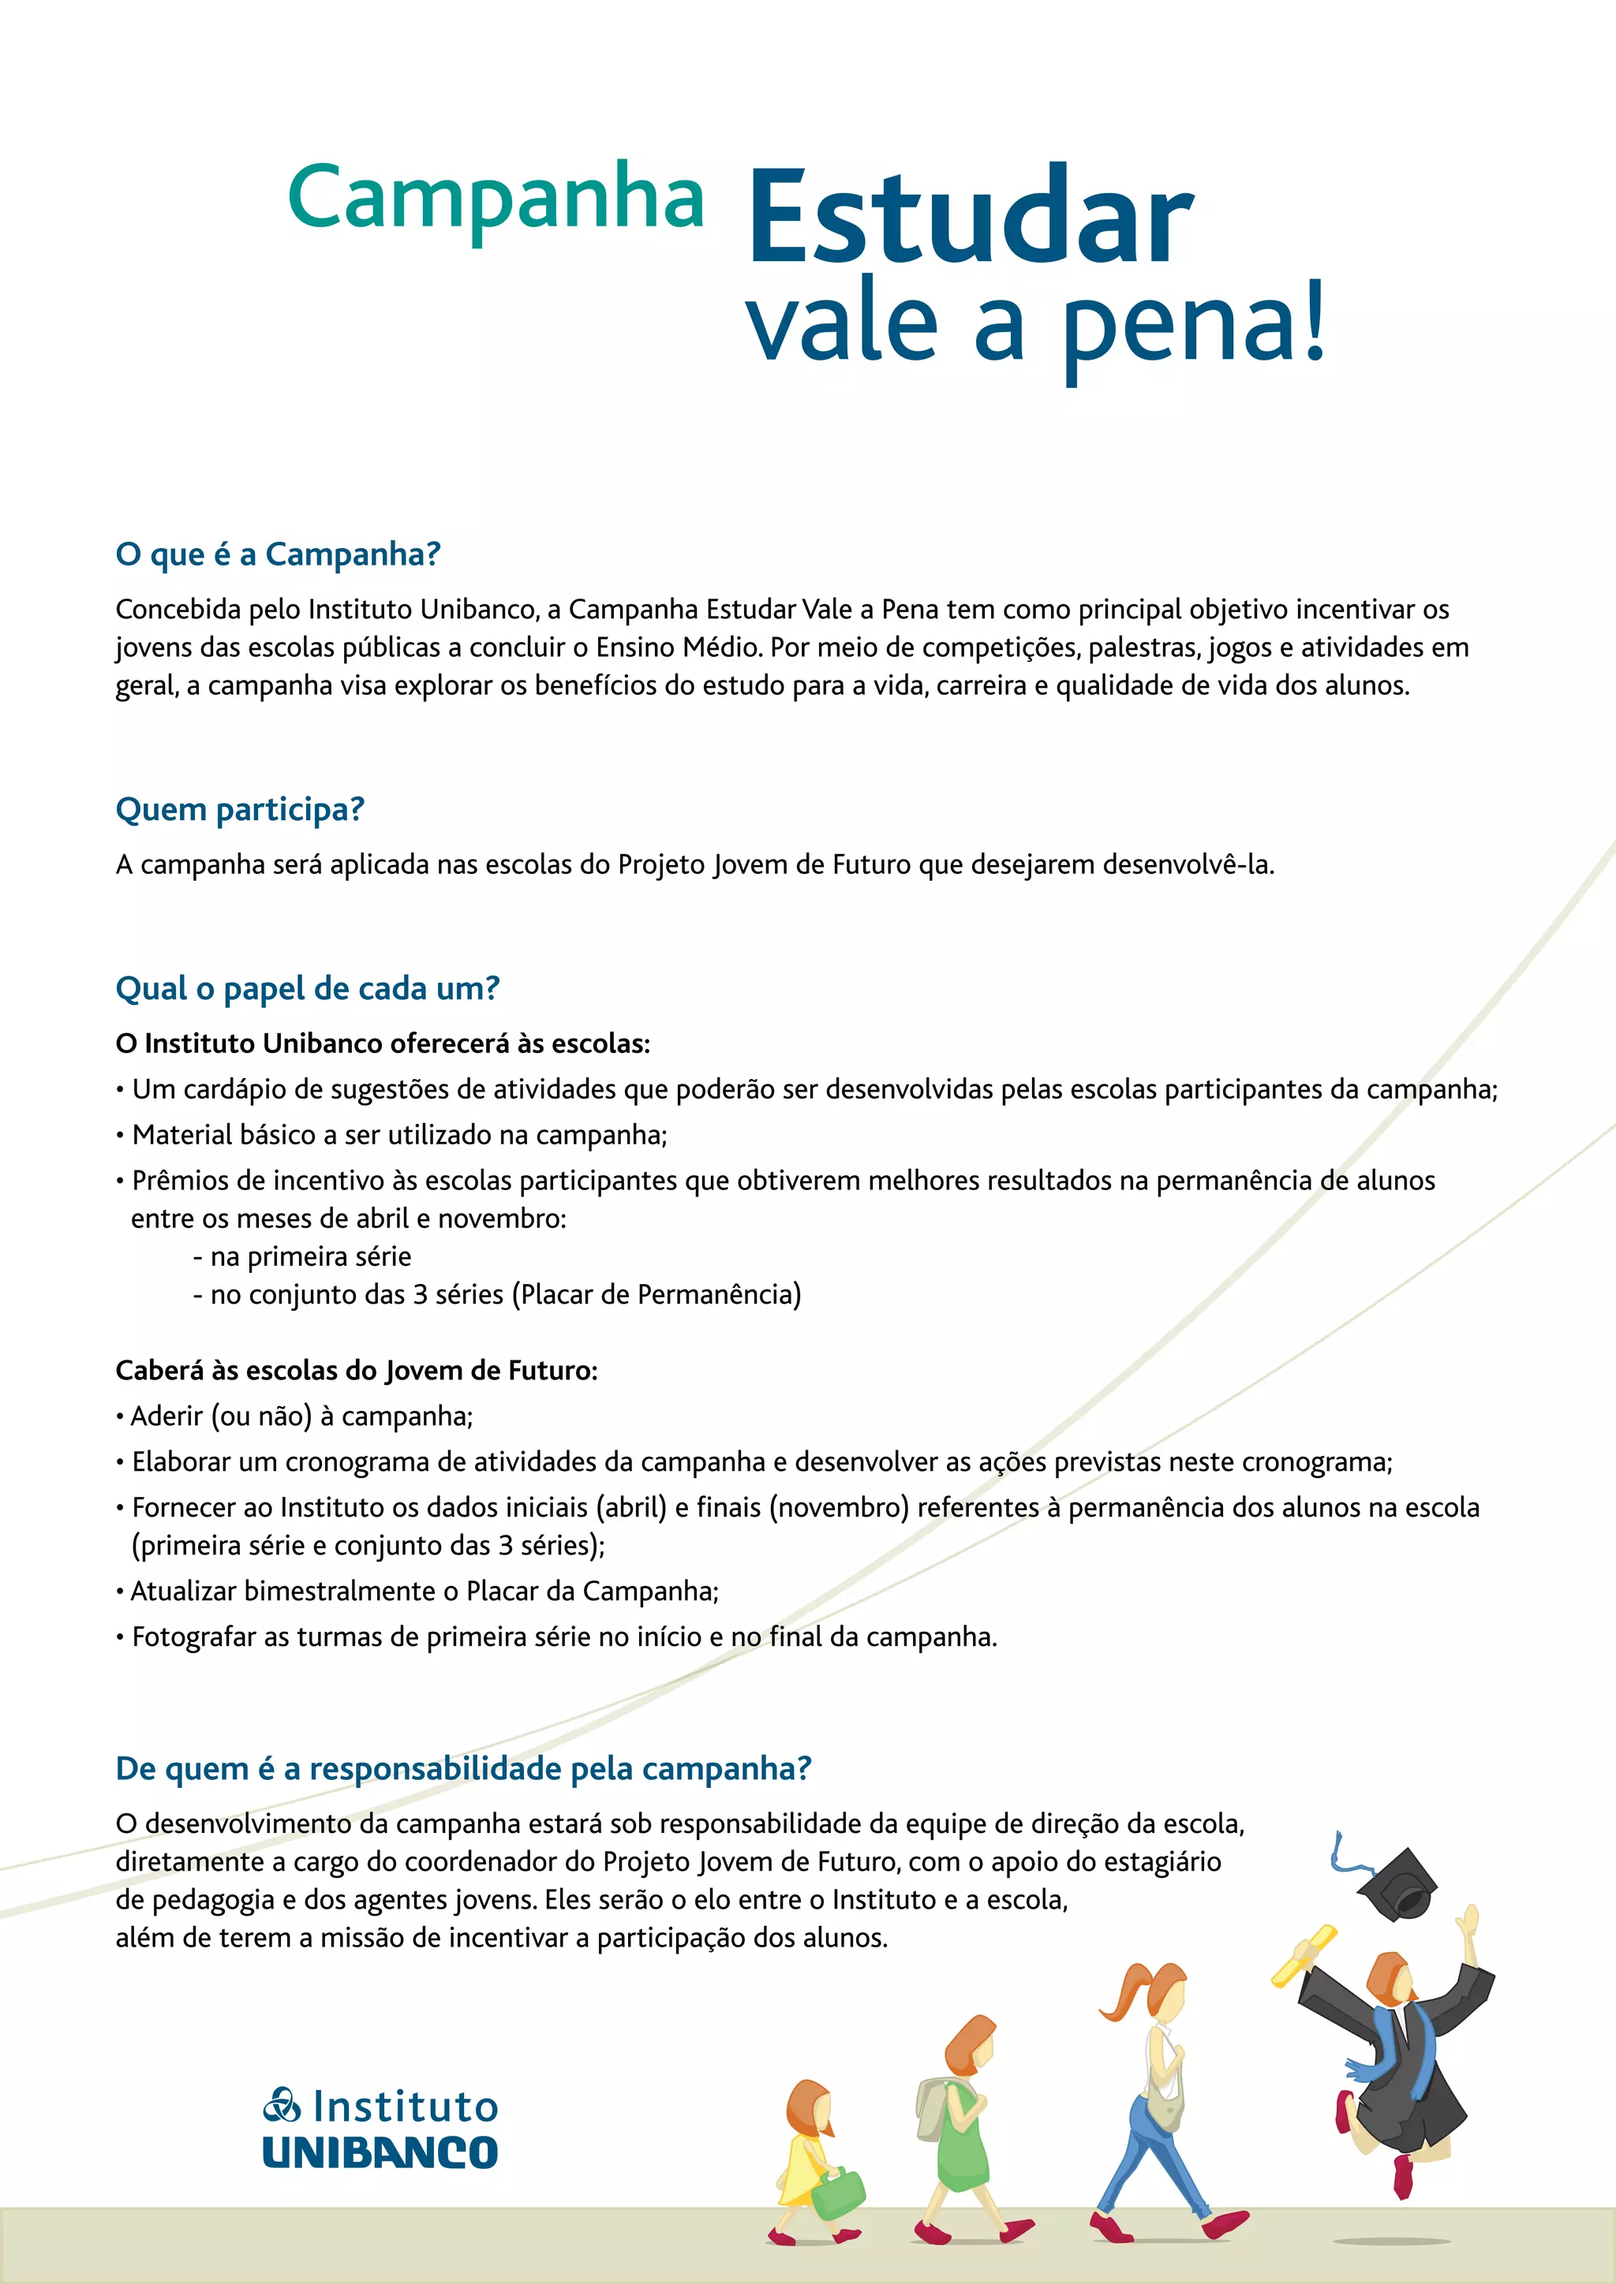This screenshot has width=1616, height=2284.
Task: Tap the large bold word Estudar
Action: (971, 218)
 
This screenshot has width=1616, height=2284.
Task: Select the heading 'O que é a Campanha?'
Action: (278, 554)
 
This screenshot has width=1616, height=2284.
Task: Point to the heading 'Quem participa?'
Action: (240, 810)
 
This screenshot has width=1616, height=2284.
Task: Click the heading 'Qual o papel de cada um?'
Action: (308, 989)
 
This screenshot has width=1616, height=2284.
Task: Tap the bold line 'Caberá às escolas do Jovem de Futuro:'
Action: (356, 1371)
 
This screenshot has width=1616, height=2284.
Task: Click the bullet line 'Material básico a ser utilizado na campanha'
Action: (399, 1135)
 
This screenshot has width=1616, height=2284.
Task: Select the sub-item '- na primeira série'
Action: (301, 1256)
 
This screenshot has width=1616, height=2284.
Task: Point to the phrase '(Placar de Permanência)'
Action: (656, 1294)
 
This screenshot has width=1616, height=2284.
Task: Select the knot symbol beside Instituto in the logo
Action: (282, 2106)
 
